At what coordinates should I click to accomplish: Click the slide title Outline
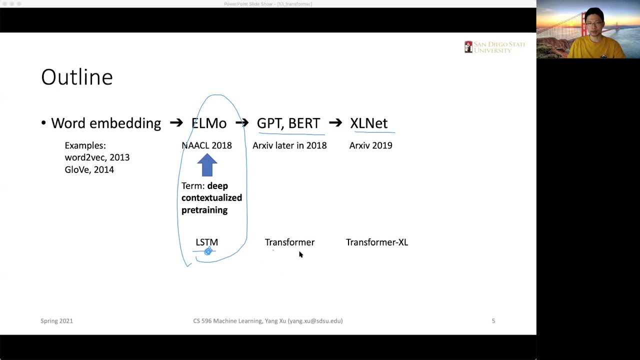click(77, 77)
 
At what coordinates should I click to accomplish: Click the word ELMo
click(209, 123)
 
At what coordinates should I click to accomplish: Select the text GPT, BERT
click(288, 123)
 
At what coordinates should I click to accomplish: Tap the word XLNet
click(368, 123)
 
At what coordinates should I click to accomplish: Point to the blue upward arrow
click(207, 164)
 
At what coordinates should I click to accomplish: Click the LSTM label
click(206, 242)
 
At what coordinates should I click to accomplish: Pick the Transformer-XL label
click(376, 242)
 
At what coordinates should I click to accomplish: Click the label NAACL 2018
click(206, 145)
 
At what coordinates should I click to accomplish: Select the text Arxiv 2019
click(370, 145)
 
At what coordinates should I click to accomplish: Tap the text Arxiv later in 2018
click(289, 145)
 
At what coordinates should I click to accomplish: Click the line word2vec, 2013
click(97, 157)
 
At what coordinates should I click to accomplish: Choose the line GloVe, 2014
click(89, 170)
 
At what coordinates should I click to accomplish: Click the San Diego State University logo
click(494, 47)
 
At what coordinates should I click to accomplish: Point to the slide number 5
click(493, 321)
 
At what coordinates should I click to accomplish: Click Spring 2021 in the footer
click(56, 321)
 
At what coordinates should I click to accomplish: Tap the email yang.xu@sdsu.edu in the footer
click(315, 321)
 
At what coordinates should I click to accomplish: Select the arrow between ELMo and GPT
click(242, 123)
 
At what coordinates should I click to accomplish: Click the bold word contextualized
click(211, 198)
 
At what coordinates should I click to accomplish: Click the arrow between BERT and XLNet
click(335, 123)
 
